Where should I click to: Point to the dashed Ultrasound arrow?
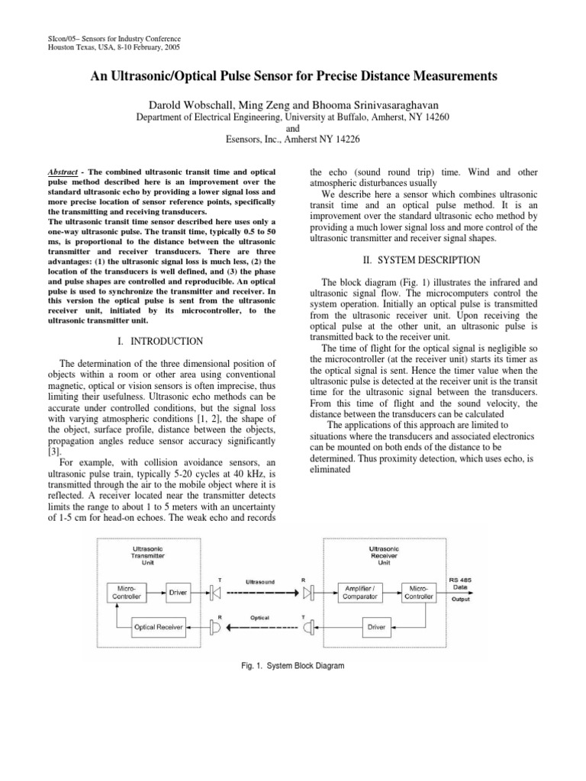coord(259,590)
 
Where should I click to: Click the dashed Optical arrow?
coord(259,627)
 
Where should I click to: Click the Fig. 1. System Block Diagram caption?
coord(292,666)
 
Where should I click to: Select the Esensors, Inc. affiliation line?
coord(292,140)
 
